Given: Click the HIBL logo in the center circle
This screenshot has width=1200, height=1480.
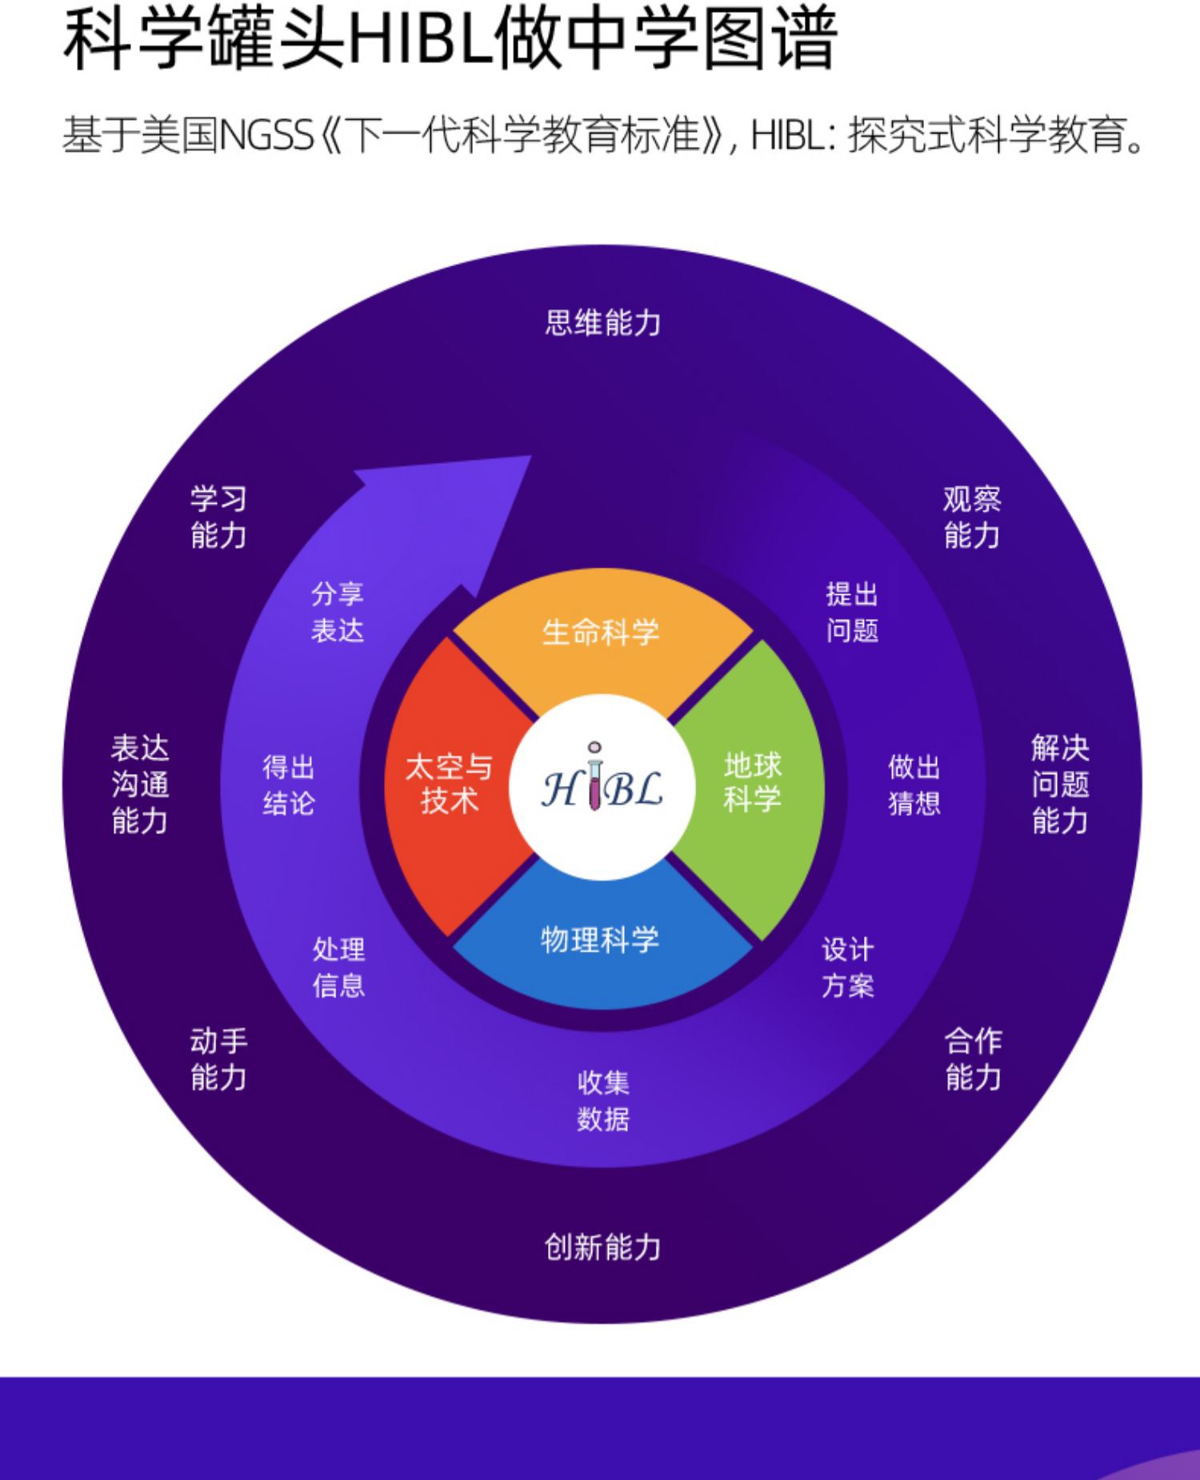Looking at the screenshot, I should pyautogui.click(x=602, y=787).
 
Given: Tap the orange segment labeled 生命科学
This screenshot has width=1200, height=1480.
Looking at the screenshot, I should pyautogui.click(x=601, y=632).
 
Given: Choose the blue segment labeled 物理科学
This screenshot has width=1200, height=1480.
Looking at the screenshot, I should pyautogui.click(x=600, y=940).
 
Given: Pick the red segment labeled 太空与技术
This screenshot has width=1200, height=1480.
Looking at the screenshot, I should pyautogui.click(x=449, y=784).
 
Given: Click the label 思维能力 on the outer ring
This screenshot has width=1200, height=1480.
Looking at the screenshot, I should pyautogui.click(x=603, y=323).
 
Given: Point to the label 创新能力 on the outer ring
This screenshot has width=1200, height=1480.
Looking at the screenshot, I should pyautogui.click(x=603, y=1247).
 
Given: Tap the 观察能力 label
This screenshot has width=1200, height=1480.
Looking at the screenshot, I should pyautogui.click(x=972, y=517).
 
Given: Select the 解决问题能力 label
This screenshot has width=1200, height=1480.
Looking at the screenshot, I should pyautogui.click(x=1060, y=784).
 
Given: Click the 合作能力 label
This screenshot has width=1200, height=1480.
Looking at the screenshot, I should pyautogui.click(x=973, y=1059).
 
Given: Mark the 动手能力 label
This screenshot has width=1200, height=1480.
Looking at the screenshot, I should pyautogui.click(x=218, y=1059).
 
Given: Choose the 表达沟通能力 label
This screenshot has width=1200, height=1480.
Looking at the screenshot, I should pyautogui.click(x=140, y=784).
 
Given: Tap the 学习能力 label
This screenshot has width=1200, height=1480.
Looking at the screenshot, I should pyautogui.click(x=218, y=517).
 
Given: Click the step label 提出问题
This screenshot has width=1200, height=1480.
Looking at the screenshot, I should pyautogui.click(x=852, y=612).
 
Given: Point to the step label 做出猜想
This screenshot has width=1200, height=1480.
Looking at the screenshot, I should pyautogui.click(x=914, y=784).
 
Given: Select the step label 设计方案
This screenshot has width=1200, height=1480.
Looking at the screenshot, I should pyautogui.click(x=848, y=967).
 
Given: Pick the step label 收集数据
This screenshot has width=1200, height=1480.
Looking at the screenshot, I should pyautogui.click(x=603, y=1100).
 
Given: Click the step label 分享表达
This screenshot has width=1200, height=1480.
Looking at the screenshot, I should pyautogui.click(x=338, y=612).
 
